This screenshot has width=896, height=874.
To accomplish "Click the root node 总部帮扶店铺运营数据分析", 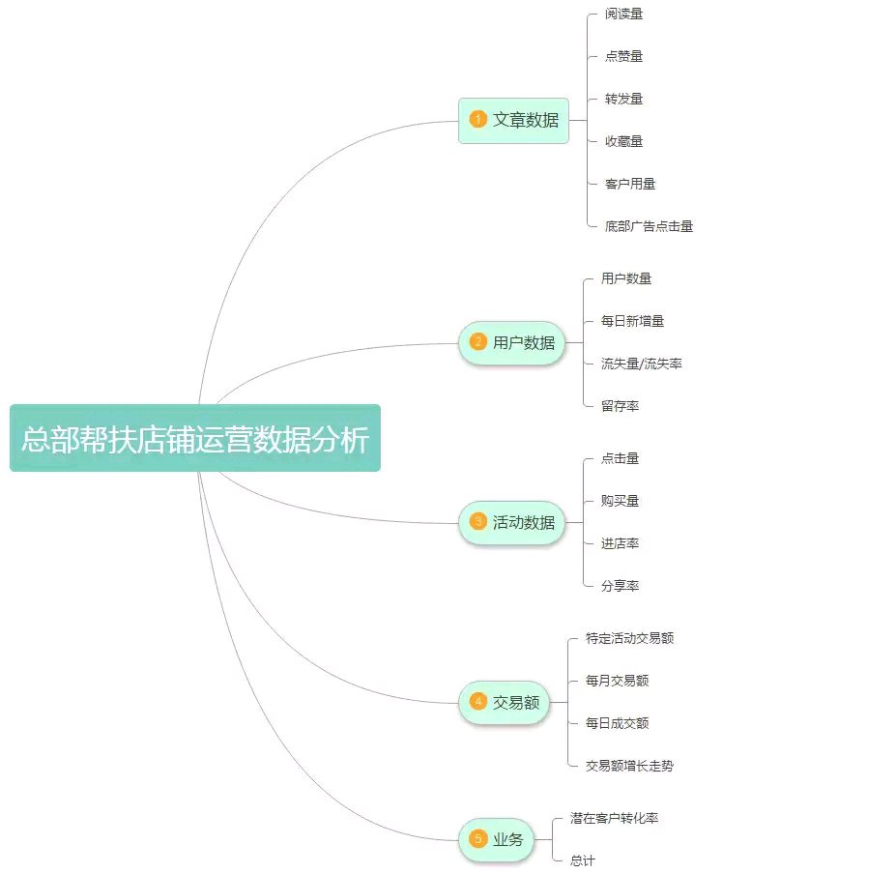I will coord(195,439).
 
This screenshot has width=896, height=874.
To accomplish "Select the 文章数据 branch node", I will coord(513,120).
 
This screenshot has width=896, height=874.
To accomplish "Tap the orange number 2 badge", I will coord(477,342).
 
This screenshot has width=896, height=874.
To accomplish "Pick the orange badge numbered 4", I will coord(477,702).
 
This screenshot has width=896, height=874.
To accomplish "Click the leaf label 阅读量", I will coord(623,14).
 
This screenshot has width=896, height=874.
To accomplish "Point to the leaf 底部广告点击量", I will coord(649,226).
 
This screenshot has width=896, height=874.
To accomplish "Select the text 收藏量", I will coord(623,141).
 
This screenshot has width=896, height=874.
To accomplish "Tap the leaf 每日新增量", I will coord(631,321).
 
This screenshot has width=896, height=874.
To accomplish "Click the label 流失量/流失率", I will coord(641,364).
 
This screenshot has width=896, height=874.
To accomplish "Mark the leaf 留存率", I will coord(620,406).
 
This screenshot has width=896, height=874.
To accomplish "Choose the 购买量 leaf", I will coord(620,501).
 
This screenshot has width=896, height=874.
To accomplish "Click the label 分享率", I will coord(620,586).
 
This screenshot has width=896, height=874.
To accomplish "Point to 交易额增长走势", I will coord(629,766).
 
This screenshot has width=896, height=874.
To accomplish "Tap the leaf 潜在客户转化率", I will coord(614,818).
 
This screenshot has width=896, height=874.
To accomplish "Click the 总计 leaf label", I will coord(583,860).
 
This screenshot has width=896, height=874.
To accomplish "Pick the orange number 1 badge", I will coord(477,120).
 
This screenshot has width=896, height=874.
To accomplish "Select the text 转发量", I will coord(623,99).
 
